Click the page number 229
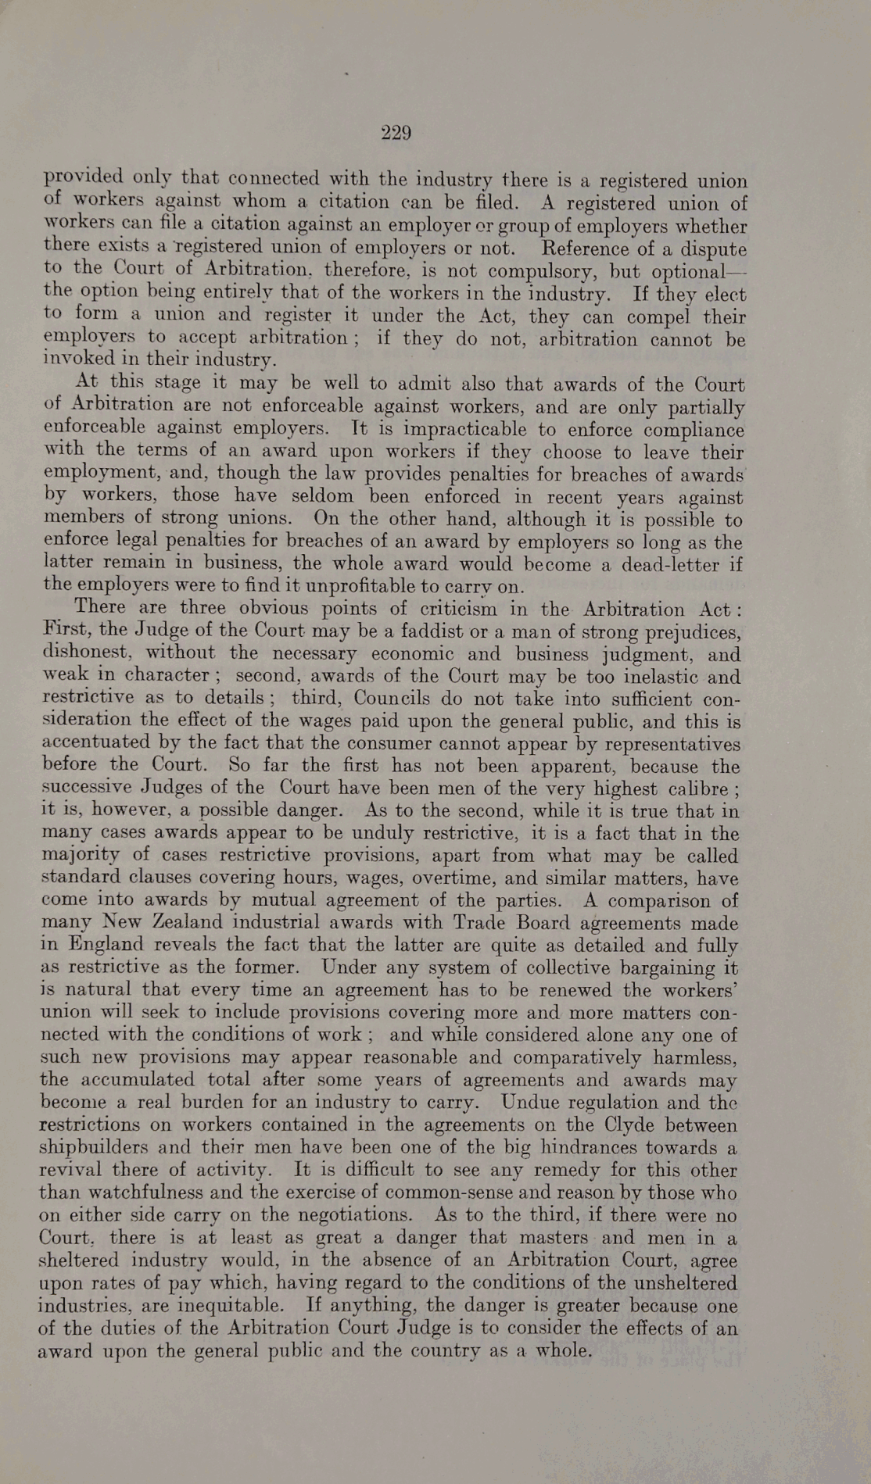tap(396, 133)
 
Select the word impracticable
tap(459, 429)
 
